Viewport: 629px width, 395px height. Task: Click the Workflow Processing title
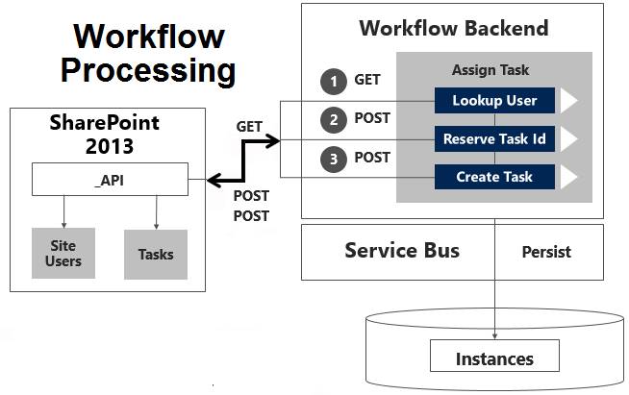pos(148,53)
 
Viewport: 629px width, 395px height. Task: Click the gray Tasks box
pos(156,254)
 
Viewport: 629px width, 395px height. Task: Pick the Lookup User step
pos(495,100)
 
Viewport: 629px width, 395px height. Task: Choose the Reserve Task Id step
pos(495,138)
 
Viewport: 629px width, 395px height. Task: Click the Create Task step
pos(495,177)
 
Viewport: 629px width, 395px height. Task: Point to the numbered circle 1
pos(334,82)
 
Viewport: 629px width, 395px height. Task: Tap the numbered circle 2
pos(334,120)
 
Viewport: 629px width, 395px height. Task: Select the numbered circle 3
pos(334,158)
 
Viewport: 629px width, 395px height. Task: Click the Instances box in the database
pos(494,358)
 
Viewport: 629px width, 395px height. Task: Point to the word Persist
pos(546,252)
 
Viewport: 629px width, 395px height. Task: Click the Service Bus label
pos(402,251)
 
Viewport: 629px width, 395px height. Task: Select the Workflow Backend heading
pos(454,27)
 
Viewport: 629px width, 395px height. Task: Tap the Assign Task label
pos(490,70)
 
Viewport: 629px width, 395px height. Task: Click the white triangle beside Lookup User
pos(569,100)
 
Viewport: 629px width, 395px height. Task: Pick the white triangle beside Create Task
pos(569,177)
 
